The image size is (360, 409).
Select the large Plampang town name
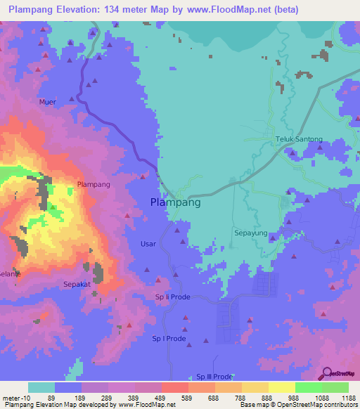pyautogui.click(x=176, y=202)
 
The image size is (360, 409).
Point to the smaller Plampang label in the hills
pyautogui.click(x=94, y=185)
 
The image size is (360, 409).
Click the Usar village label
pyautogui.click(x=148, y=244)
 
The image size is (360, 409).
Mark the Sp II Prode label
pyautogui.click(x=173, y=297)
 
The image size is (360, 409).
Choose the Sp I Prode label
pyautogui.click(x=169, y=339)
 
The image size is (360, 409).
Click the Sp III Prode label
pyautogui.click(x=214, y=377)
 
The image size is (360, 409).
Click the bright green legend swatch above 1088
pyautogui.click(x=308, y=387)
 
